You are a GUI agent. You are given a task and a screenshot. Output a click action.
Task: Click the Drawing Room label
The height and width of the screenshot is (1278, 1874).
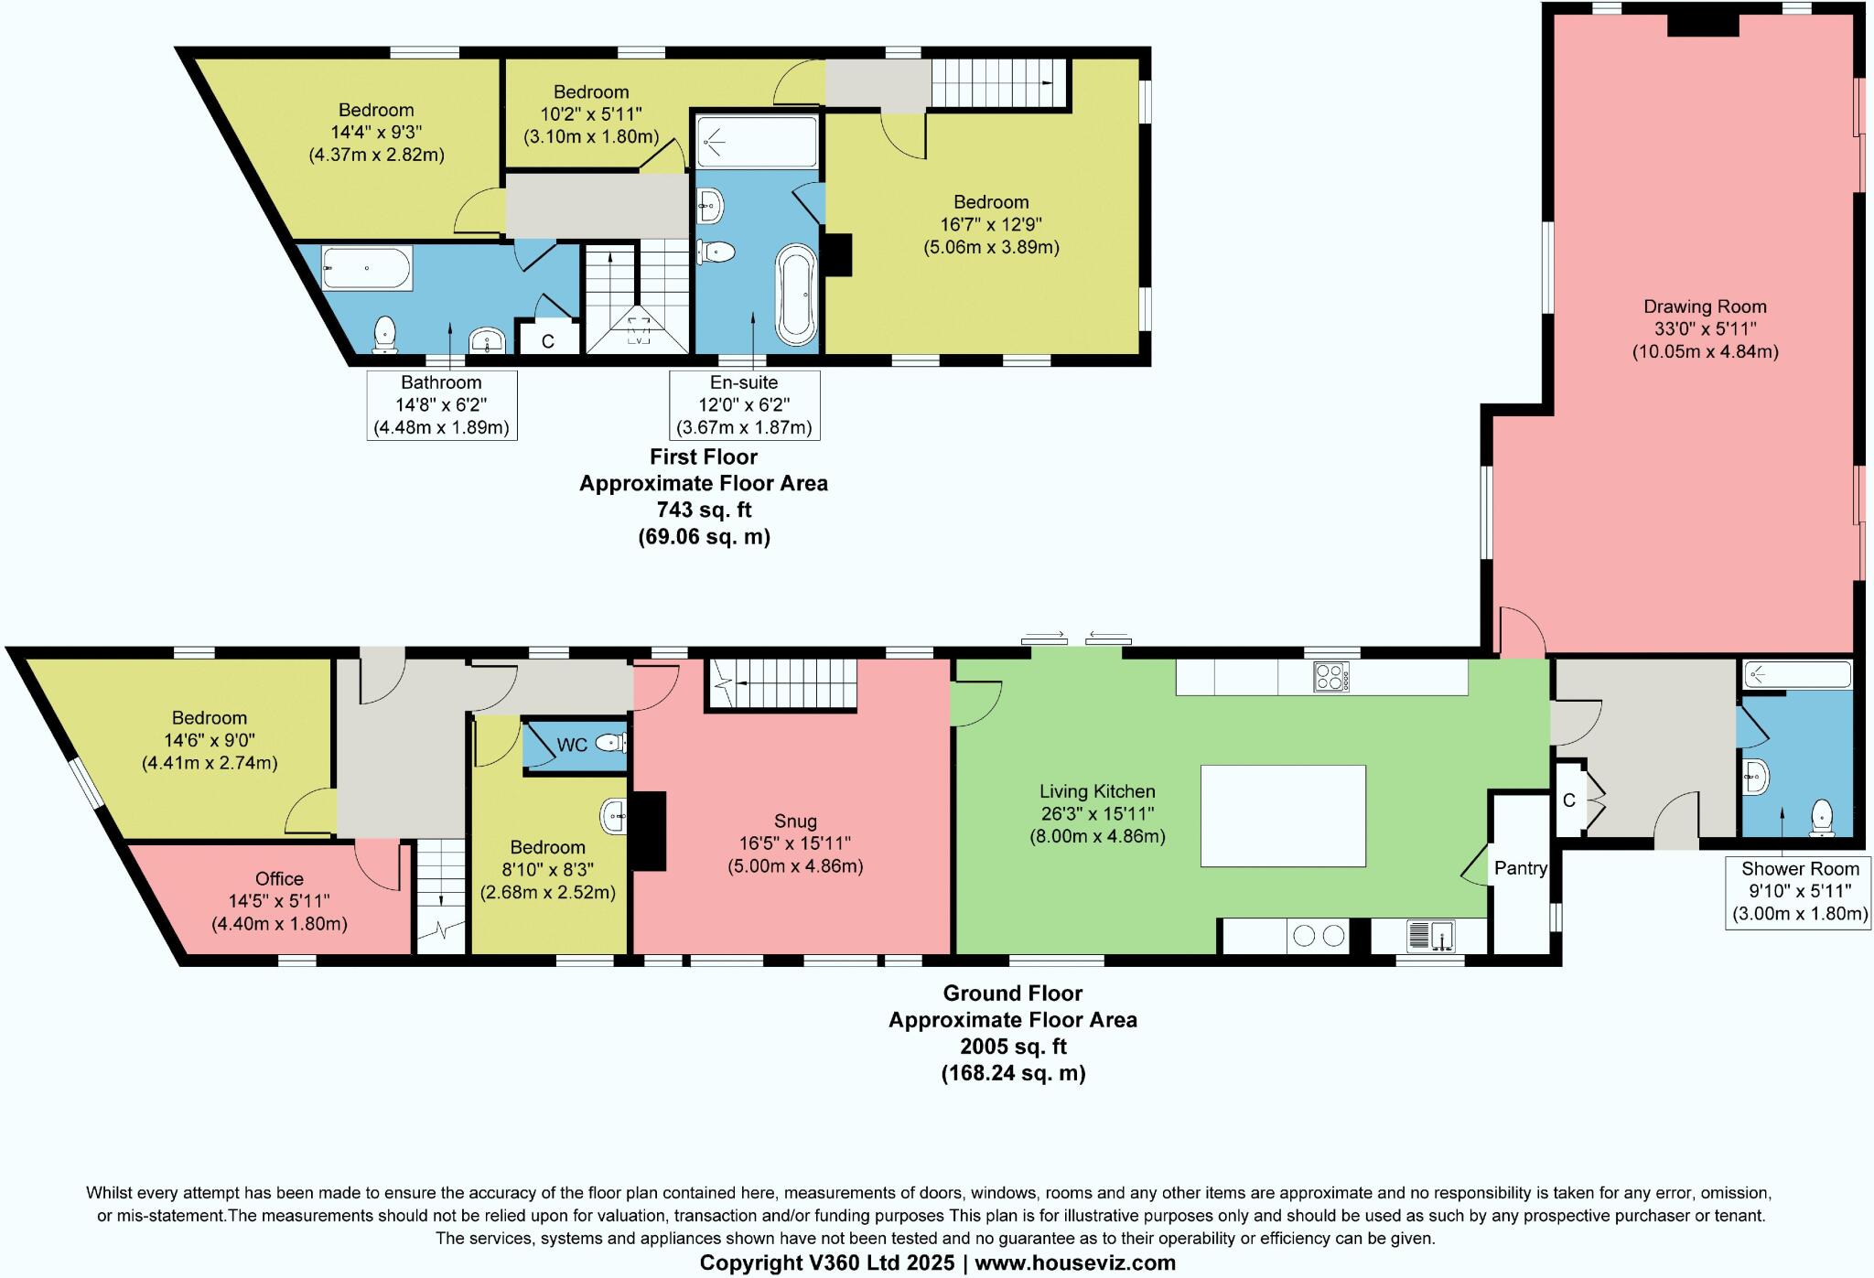pos(1705,307)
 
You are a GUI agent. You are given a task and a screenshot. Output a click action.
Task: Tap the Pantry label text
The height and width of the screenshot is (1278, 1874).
pos(1521,868)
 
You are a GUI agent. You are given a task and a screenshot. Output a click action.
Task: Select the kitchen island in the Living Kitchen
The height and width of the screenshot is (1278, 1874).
pos(1283,816)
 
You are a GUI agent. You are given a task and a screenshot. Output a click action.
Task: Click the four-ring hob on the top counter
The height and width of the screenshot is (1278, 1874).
pos(1331,676)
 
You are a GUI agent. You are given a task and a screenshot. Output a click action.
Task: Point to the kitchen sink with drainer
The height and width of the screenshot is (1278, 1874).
pos(1433,936)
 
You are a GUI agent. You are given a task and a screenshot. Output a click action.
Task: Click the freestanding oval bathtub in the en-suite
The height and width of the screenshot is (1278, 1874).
pos(797,295)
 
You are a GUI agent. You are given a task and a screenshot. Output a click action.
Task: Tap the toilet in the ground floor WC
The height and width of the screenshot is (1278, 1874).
pos(610,743)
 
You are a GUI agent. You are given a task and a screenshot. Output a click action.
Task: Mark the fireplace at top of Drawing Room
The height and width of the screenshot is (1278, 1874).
pos(1702,25)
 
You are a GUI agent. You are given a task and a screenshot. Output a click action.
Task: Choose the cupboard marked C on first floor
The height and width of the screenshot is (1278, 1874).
pos(547,340)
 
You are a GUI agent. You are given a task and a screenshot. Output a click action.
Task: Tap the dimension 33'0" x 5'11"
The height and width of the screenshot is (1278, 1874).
pos(1705,329)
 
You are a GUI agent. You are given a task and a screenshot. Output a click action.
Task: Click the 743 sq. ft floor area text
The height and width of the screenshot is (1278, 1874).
pos(704,510)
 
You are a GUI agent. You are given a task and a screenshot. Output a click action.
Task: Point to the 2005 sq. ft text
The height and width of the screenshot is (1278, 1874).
pos(1013,1047)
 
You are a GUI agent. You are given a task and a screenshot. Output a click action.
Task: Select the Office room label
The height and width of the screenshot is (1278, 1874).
pos(279,879)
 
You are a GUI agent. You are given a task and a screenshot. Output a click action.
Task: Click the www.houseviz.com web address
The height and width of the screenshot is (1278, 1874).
pos(1075,1263)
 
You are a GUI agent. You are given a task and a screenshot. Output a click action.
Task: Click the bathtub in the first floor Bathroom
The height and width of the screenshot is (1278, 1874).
pos(367,268)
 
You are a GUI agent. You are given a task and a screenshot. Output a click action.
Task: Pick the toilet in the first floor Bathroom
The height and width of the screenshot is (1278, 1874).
pos(385,334)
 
